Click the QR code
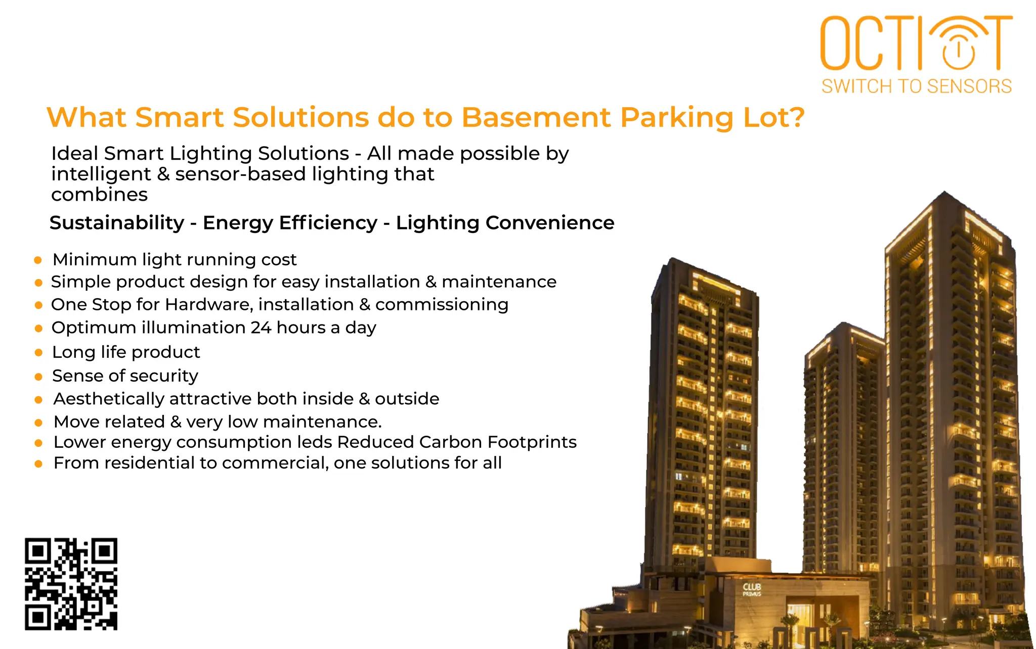point(71,584)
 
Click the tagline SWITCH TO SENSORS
point(916,86)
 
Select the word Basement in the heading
point(536,118)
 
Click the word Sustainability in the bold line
point(117,223)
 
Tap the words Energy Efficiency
point(290,223)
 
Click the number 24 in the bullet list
point(261,328)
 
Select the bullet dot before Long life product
point(38,353)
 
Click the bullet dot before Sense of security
point(38,377)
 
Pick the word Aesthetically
point(109,399)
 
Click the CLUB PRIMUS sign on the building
point(752,589)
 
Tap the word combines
point(99,195)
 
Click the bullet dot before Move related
point(38,423)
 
